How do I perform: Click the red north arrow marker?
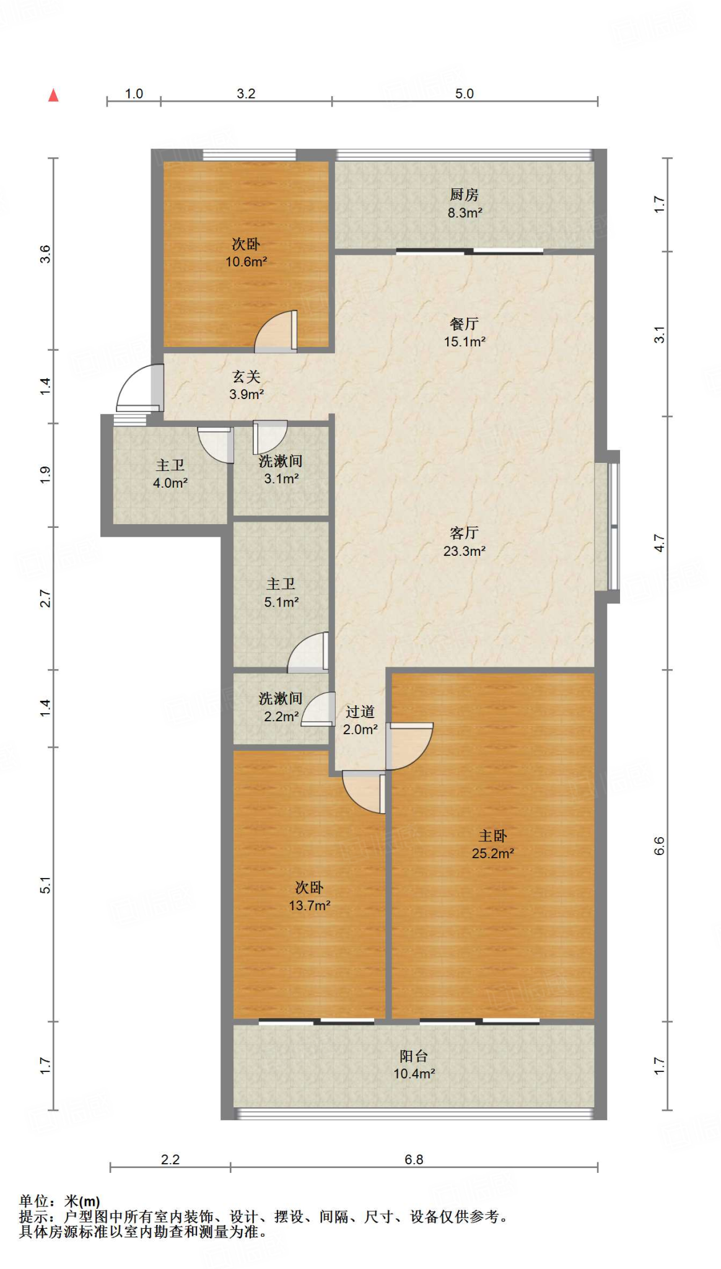(54, 95)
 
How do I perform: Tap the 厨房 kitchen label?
(465, 195)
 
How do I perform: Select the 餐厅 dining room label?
(465, 323)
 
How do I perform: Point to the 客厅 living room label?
(465, 533)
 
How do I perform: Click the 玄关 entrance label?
(247, 376)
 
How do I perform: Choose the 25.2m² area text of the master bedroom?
(493, 853)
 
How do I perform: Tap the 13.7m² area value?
(309, 905)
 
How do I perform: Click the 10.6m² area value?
(246, 261)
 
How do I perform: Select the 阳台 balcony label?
(414, 1056)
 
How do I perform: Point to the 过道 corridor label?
(360, 712)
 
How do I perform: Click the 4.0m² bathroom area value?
(170, 483)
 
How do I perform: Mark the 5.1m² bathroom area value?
(281, 602)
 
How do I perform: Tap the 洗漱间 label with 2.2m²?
(281, 698)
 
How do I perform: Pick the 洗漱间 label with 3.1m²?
(281, 461)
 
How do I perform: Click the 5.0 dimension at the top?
(465, 94)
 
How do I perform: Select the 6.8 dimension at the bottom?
(414, 1159)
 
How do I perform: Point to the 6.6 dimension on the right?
(659, 846)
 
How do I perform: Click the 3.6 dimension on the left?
(45, 254)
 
